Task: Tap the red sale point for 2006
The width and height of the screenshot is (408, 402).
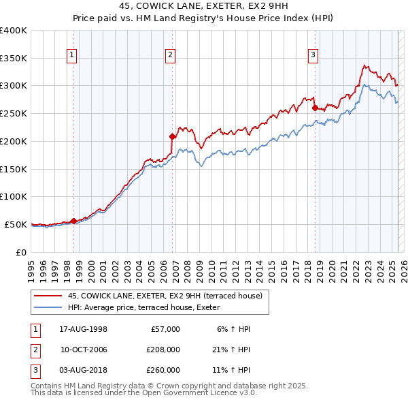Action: (x=172, y=136)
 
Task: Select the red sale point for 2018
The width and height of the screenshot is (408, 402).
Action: (x=315, y=107)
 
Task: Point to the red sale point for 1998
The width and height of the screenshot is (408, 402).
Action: (x=73, y=221)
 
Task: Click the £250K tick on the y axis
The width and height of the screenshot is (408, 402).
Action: (x=13, y=113)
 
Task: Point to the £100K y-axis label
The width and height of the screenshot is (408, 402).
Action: (x=13, y=196)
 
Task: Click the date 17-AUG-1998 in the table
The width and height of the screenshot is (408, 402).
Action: (x=84, y=329)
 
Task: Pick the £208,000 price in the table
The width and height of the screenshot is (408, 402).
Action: (x=164, y=350)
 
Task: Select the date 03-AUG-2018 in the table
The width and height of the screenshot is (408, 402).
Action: (x=84, y=370)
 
